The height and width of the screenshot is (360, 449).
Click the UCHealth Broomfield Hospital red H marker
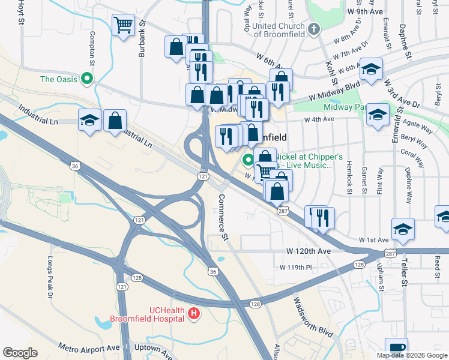point(194,313)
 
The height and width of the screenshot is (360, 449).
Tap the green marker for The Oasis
point(87,79)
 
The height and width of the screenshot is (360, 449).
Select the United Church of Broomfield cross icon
point(313,29)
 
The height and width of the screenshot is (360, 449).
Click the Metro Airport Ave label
point(89,347)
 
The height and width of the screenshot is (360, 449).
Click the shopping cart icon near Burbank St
point(123,25)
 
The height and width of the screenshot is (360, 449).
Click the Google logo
point(20,353)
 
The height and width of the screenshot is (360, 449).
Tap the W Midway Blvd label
point(330,92)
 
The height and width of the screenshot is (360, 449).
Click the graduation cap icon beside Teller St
point(403,229)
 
